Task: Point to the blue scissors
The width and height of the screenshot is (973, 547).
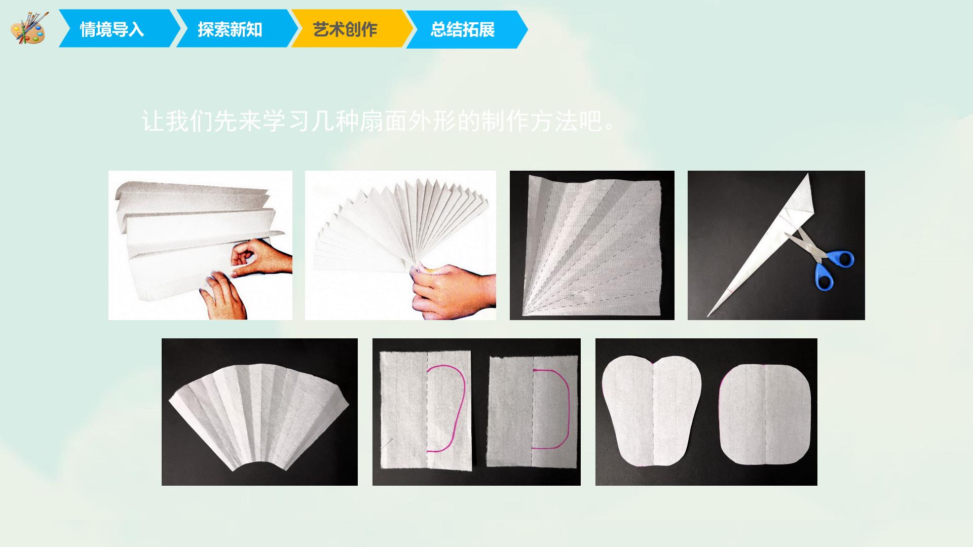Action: (x=819, y=258)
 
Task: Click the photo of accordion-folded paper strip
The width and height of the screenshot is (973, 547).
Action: (x=200, y=245)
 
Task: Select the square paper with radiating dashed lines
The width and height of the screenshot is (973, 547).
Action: (x=592, y=245)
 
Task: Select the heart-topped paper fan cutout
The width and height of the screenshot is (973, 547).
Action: (x=652, y=411)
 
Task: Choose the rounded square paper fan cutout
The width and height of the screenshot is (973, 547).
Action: (x=764, y=414)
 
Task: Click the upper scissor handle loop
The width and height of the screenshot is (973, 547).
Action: (x=841, y=259)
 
